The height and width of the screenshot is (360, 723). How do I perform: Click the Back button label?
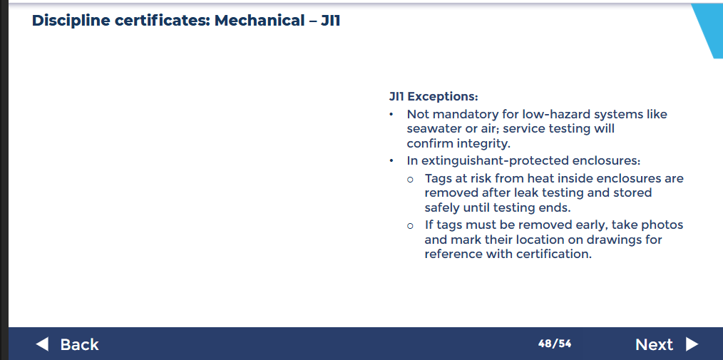[79, 344]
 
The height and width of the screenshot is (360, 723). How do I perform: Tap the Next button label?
[654, 344]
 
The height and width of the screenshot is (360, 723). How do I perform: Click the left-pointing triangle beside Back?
[42, 344]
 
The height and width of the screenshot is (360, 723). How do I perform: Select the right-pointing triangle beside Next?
[692, 344]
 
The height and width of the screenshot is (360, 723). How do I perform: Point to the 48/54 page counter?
[555, 344]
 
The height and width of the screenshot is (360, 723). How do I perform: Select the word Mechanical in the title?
[259, 21]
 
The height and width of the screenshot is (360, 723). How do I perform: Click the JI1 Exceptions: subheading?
[434, 97]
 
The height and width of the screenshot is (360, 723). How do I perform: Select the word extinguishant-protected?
[494, 161]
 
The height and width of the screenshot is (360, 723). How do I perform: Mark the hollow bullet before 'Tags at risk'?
[410, 179]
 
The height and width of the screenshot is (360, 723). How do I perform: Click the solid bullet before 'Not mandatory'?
[391, 114]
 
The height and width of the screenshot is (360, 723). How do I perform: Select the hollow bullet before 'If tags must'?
[410, 226]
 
